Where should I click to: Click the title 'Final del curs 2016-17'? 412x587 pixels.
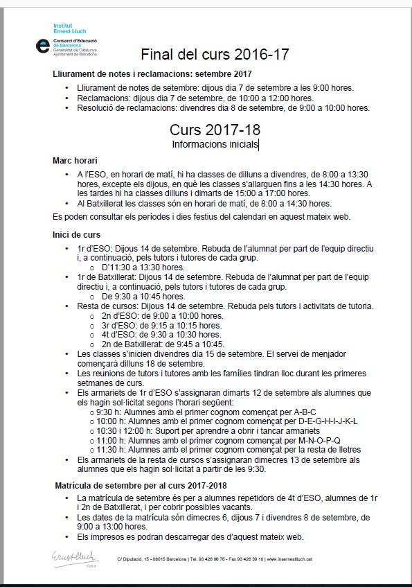point(215,55)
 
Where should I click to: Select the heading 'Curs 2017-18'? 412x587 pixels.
point(215,130)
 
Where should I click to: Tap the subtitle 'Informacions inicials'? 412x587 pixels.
point(215,144)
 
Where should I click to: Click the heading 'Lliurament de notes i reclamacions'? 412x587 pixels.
point(152,73)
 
